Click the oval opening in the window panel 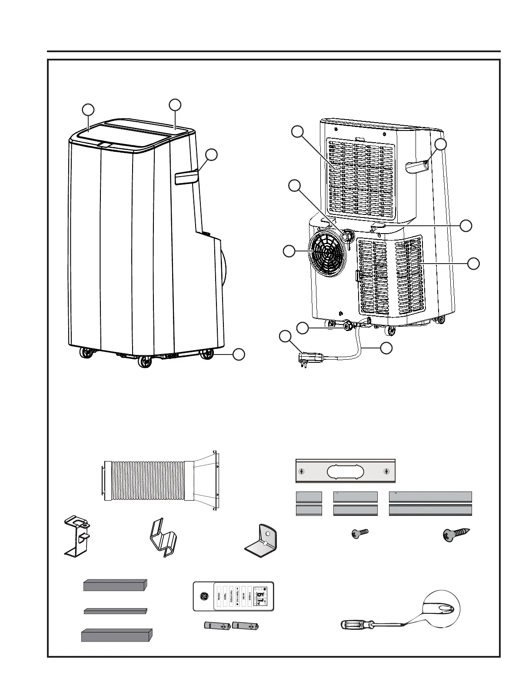pyautogui.click(x=346, y=471)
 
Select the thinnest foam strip pyautogui.click(x=115, y=611)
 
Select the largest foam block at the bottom pyautogui.click(x=116, y=635)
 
